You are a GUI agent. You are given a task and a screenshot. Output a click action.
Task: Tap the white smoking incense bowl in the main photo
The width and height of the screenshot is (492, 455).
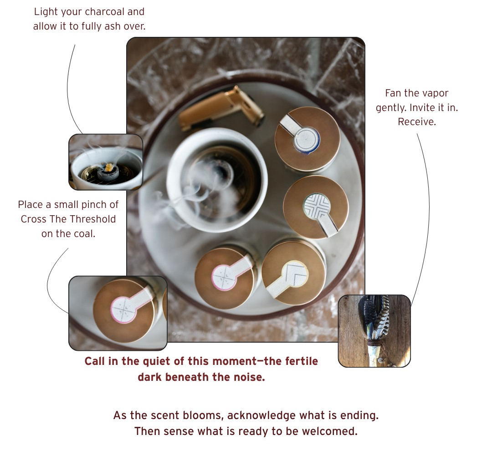pyautogui.click(x=217, y=180)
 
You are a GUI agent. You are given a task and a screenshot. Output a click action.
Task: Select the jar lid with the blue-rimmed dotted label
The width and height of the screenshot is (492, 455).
pyautogui.click(x=307, y=139)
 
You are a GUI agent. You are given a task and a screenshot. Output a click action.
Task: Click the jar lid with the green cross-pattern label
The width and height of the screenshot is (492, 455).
pyautogui.click(x=316, y=207)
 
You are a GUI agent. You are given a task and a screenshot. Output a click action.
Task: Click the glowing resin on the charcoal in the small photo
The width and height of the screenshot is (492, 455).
pyautogui.click(x=108, y=167)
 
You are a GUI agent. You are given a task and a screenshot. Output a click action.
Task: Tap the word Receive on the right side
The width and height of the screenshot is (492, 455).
pyautogui.click(x=417, y=121)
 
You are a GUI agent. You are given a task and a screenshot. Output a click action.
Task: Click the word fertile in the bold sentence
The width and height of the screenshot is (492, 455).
pyautogui.click(x=302, y=361)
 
